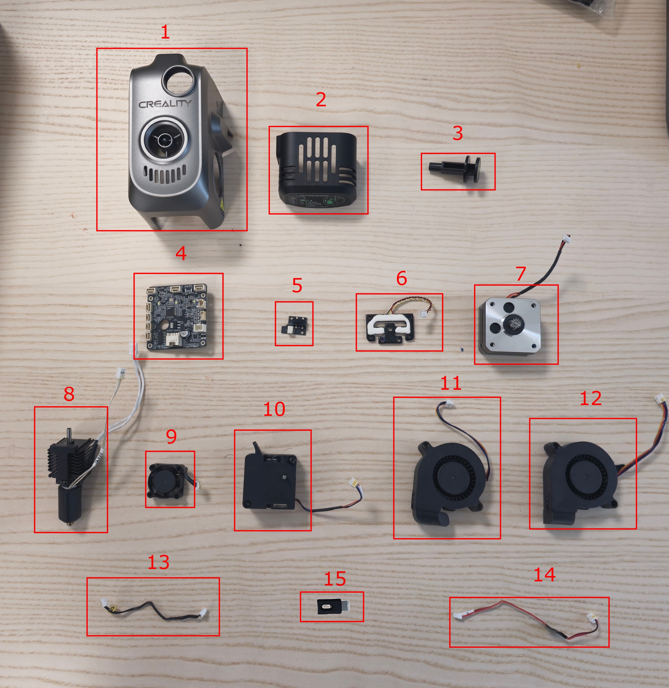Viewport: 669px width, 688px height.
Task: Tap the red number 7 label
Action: point(521,274)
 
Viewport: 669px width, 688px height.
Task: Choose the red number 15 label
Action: point(334,579)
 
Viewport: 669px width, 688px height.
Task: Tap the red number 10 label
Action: point(274,409)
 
